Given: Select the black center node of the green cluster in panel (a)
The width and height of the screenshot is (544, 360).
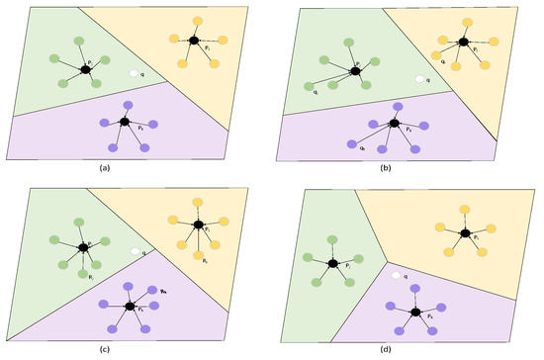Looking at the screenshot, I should (84, 65).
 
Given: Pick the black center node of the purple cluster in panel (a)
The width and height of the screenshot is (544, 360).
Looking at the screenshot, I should (125, 122).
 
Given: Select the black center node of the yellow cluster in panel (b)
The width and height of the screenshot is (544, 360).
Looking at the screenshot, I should (461, 42).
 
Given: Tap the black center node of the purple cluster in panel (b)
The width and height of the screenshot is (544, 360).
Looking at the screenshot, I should (394, 125).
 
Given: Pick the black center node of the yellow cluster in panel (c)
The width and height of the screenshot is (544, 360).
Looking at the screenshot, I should (196, 226).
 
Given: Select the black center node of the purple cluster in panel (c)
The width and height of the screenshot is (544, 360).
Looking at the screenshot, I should (129, 303).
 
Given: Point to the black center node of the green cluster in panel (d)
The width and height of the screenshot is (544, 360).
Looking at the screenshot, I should (333, 264).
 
